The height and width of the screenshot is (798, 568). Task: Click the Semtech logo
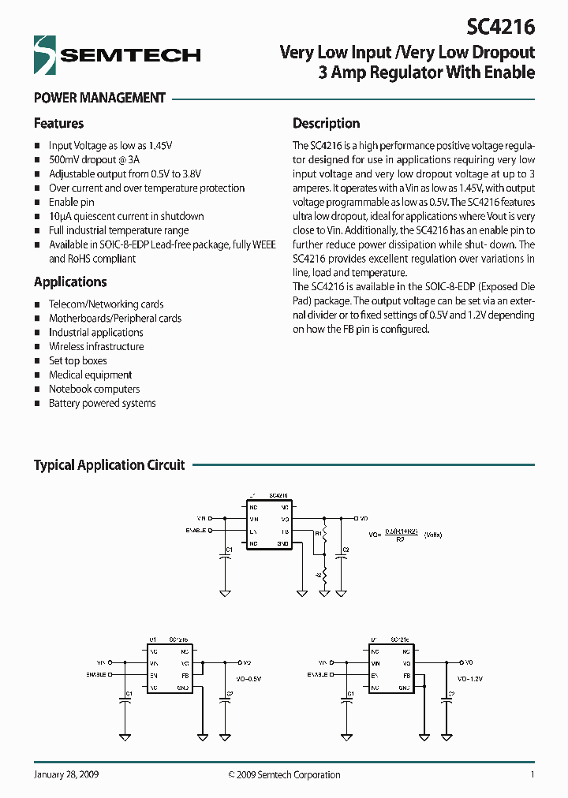[117, 54]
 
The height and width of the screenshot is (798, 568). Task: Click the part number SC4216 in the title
[500, 27]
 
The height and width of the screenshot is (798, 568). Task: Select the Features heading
[58, 123]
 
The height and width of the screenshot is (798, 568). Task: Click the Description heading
[326, 123]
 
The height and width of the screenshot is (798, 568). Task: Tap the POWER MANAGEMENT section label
[99, 98]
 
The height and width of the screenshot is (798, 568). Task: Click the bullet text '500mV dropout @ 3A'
[92, 159]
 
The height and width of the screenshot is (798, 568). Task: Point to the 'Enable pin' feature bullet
[71, 202]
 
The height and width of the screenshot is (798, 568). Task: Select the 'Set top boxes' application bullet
[77, 360]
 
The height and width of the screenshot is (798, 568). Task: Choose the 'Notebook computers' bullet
[94, 389]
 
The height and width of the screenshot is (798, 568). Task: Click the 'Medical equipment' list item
[90, 375]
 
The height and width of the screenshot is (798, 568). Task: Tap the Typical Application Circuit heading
[109, 465]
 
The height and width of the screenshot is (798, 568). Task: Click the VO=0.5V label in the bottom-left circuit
[247, 677]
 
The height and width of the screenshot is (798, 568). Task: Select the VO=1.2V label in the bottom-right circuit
[469, 677]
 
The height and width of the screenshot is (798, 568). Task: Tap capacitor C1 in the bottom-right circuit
[348, 698]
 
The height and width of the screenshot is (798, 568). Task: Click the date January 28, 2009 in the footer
[66, 774]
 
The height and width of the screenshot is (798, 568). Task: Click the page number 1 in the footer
[532, 774]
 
